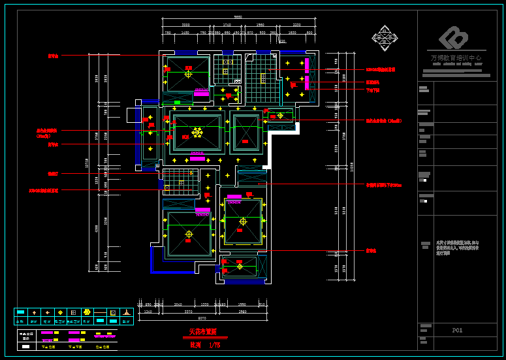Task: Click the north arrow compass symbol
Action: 385,37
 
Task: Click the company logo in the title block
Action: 453,39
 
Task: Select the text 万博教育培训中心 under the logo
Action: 456,58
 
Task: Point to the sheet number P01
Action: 457,331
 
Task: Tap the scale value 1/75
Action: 214,345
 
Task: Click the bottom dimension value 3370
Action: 189,312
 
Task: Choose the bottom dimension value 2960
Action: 242,312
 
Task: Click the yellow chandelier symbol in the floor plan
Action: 197,133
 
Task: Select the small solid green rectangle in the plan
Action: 177,103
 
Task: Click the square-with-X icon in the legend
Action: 112,313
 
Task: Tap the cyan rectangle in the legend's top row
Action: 20,312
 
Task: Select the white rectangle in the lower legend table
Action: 25,346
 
